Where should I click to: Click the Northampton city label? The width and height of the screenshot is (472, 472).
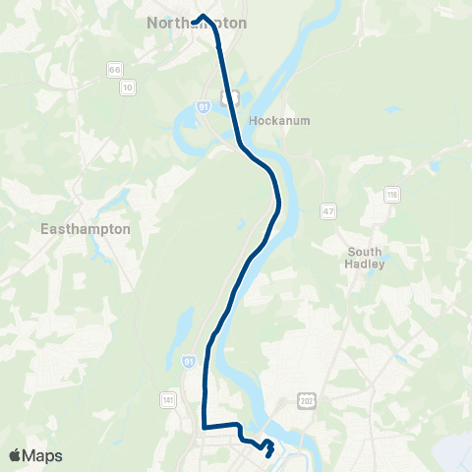[197, 23]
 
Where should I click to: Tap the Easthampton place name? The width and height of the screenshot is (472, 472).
[86, 228]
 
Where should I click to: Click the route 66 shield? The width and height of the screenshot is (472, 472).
[115, 70]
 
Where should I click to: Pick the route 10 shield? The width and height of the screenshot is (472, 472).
[127, 88]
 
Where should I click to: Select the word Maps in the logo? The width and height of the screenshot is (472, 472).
[42, 456]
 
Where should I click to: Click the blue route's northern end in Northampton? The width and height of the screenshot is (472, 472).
[194, 20]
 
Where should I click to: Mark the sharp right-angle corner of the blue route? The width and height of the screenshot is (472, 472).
[204, 427]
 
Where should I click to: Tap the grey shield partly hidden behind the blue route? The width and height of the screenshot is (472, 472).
[232, 96]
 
